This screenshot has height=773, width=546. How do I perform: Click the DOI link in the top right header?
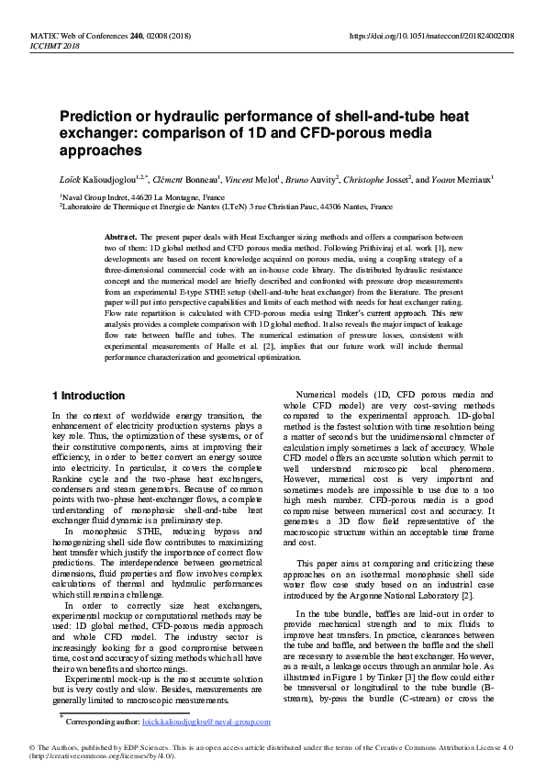tap(432, 35)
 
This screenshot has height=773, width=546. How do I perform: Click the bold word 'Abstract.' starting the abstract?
tap(122, 237)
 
